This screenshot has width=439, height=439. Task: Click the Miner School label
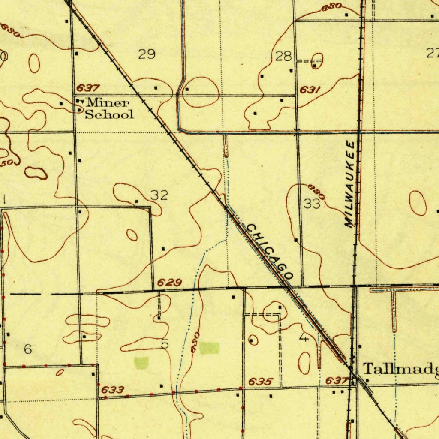(109, 108)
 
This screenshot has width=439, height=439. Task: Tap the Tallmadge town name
(401, 368)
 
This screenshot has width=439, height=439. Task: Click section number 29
(146, 54)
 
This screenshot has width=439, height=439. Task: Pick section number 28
(284, 56)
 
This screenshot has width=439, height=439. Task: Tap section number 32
(159, 195)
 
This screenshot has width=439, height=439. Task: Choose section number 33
(312, 204)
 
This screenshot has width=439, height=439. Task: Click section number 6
(28, 349)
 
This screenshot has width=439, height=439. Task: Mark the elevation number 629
(169, 283)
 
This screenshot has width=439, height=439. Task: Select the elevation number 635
(261, 382)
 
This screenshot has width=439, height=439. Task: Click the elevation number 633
(113, 390)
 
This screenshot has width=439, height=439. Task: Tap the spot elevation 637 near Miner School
(88, 88)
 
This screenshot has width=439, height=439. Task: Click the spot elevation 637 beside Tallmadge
(336, 380)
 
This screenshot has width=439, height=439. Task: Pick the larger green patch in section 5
(209, 348)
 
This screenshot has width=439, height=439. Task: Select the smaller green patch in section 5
(141, 362)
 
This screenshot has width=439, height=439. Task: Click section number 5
(165, 344)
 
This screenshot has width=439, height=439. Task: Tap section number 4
(304, 338)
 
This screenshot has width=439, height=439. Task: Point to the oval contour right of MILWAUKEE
(418, 203)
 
